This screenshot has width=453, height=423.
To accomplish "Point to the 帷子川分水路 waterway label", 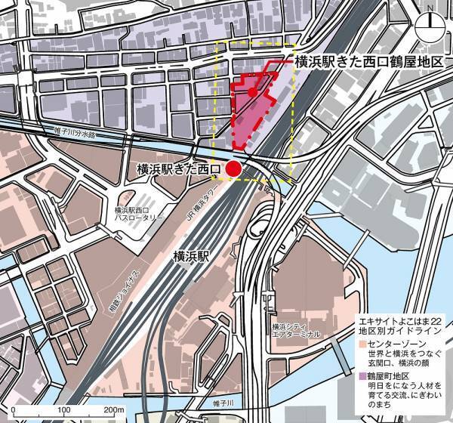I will [x=76, y=133].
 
